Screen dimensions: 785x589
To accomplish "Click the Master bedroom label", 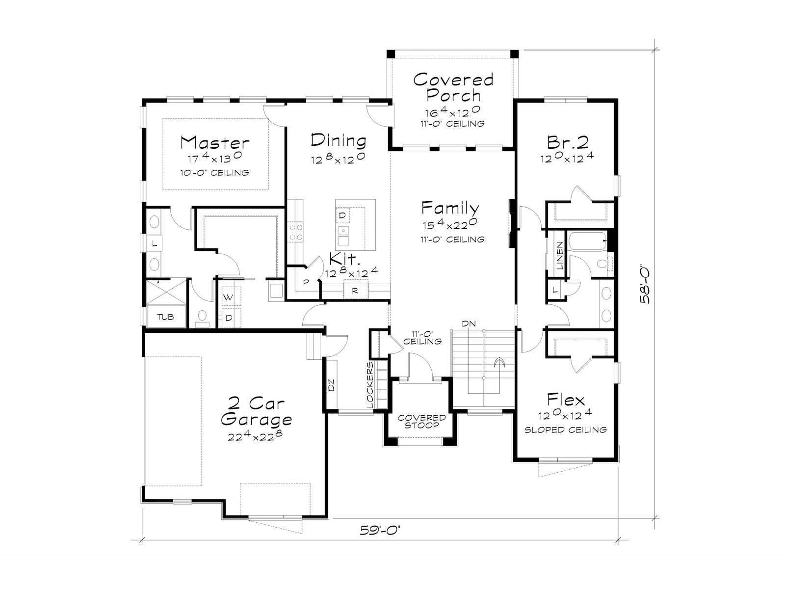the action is tap(214, 142).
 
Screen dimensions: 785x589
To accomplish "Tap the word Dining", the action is tap(339, 140).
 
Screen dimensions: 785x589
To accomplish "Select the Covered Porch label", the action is tap(453, 87).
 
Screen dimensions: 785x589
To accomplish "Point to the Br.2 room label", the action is tap(568, 142).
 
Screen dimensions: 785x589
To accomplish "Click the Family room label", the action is tap(450, 208).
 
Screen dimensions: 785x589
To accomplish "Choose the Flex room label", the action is tap(565, 400).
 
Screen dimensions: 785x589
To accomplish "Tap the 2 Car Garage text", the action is tap(256, 412).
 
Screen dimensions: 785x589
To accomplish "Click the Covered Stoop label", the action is tap(421, 422).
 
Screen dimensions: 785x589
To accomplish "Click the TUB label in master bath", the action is tap(165, 317).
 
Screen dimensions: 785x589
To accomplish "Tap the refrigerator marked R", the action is tap(355, 291).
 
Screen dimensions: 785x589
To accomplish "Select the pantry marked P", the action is tap(306, 283).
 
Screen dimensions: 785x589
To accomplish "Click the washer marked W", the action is tap(228, 297).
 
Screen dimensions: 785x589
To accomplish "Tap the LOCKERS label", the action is tap(370, 384).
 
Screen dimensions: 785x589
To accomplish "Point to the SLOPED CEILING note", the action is tap(565, 430).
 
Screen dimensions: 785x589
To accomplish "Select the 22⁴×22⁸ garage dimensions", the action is tap(255, 435).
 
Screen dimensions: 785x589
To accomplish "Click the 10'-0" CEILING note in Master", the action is tap(214, 173).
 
